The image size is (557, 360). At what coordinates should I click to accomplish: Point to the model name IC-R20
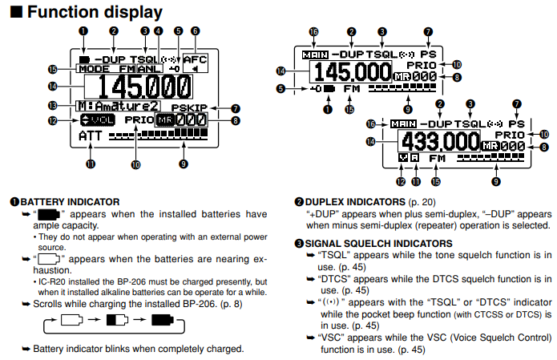[x=56, y=281]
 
